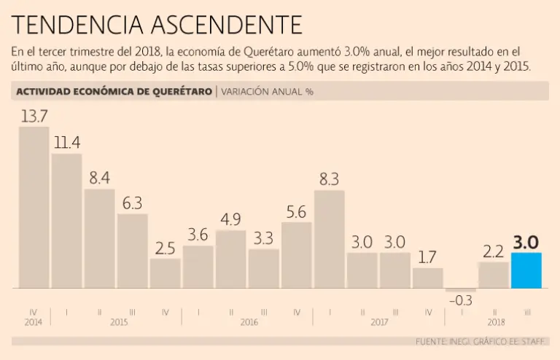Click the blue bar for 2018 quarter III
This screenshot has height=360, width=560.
tap(526, 270)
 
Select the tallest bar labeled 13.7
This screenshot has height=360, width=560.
tap(34, 208)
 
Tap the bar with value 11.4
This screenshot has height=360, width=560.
tap(66, 221)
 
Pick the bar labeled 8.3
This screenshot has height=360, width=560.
tap(329, 239)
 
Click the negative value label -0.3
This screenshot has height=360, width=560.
tap(460, 300)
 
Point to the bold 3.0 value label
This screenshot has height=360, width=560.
tap(526, 242)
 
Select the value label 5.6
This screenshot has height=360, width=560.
tap(296, 212)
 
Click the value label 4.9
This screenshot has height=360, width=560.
tap(230, 220)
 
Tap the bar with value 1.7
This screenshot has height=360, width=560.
tap(428, 278)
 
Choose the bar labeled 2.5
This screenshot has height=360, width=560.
tap(165, 273)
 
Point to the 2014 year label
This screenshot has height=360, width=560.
tap(34, 321)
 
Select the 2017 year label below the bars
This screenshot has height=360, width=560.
tap(378, 321)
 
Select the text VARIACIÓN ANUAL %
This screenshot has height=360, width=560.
tap(268, 92)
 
